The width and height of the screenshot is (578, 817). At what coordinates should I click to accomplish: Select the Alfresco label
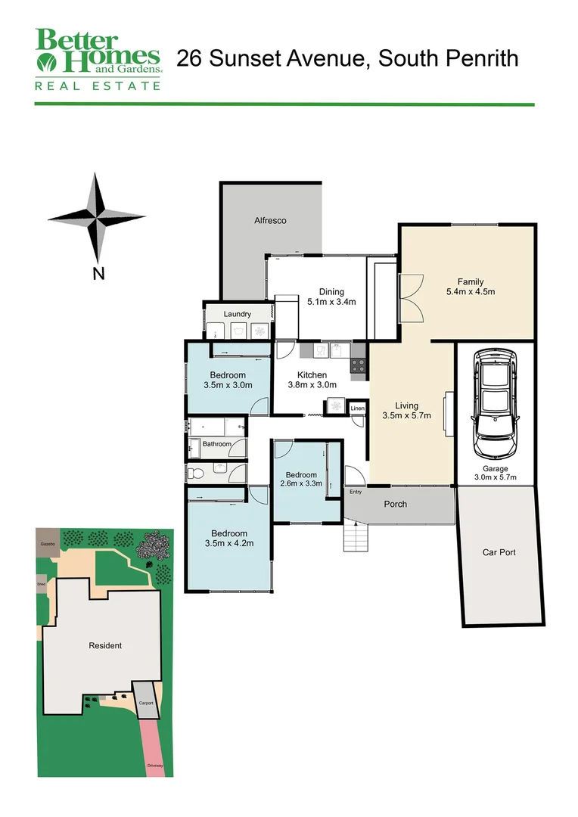270,221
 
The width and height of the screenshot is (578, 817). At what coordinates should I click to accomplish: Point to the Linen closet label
358,409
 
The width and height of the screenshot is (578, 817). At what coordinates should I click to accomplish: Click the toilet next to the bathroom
196,474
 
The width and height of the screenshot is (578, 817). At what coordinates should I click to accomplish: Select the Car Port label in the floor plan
499,552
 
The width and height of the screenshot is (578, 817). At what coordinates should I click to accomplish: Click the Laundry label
237,314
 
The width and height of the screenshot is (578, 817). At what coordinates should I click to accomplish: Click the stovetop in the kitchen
359,365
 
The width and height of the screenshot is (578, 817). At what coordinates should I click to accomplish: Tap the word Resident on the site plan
105,645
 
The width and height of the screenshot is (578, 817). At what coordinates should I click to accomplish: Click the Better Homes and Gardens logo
98,59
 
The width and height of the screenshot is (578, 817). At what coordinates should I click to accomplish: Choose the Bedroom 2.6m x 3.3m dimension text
301,483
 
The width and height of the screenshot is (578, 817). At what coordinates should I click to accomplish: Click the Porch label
395,504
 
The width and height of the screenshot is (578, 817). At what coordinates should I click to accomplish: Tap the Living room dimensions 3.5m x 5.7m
406,415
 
